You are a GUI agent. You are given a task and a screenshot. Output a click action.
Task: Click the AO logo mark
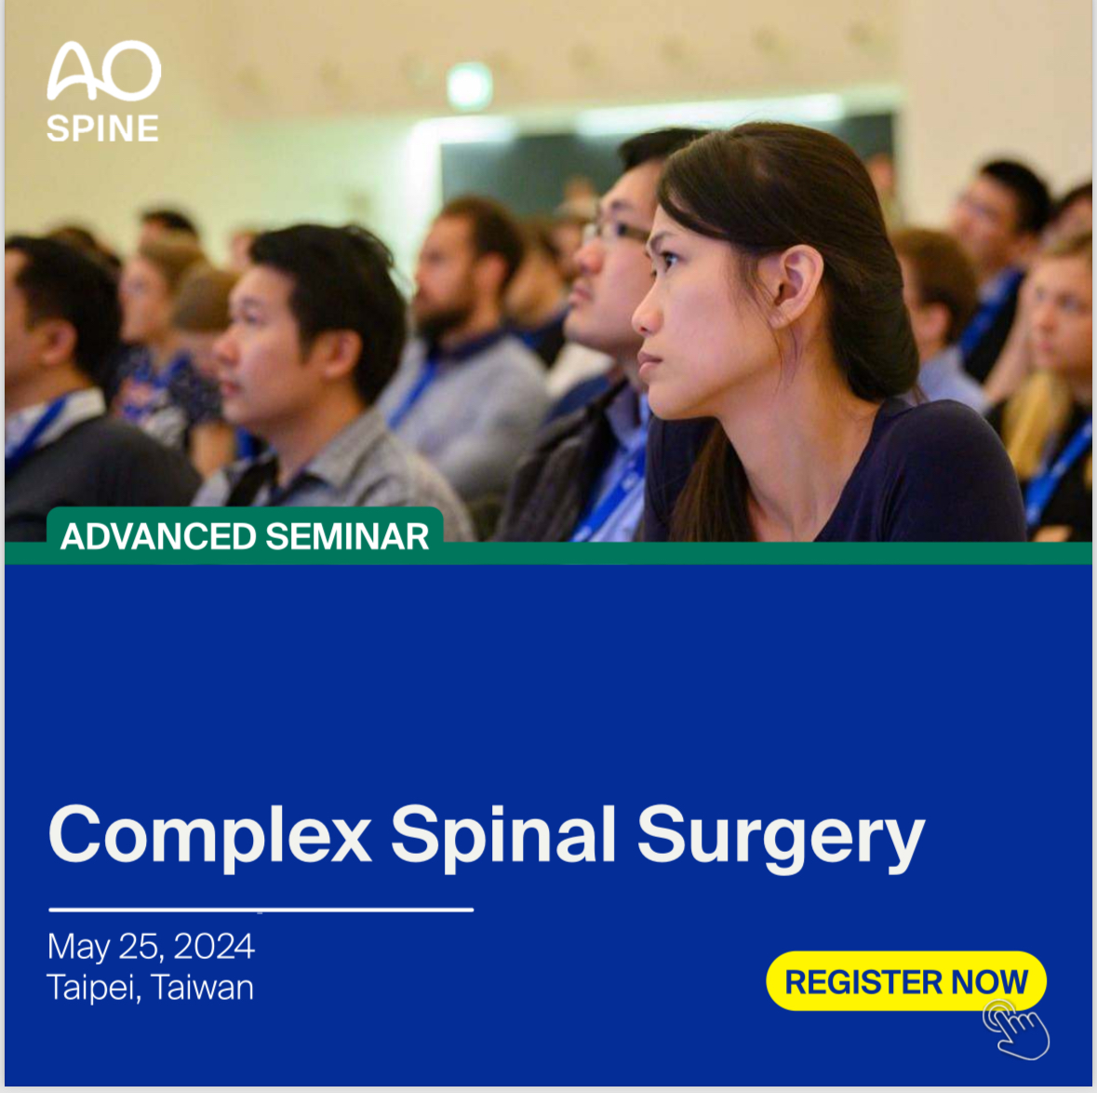tap(103, 70)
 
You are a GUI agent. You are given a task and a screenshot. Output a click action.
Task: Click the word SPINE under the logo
tap(103, 128)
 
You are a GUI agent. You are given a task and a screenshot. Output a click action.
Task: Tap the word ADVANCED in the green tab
tap(159, 537)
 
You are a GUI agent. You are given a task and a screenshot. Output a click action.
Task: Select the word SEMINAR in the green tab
tap(347, 537)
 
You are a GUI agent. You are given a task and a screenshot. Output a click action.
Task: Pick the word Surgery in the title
tap(781, 836)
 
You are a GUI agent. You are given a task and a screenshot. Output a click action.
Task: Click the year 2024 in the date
tap(214, 947)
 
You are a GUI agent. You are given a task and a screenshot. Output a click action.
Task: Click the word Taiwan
tap(202, 988)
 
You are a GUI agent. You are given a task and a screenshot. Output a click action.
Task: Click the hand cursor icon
tap(1016, 1030)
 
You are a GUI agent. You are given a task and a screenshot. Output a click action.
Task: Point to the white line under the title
tap(261, 910)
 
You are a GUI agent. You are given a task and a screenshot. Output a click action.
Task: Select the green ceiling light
tap(470, 87)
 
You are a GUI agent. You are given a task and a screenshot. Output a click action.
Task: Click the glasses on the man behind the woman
tap(616, 230)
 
